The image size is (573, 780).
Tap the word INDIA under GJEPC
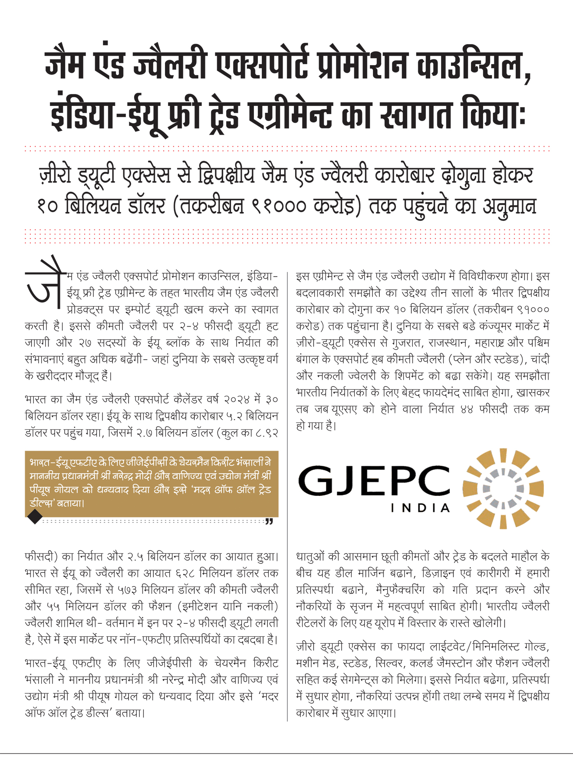tap(420, 508)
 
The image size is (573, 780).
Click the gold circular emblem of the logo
tap(503, 488)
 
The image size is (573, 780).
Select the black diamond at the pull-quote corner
tap(34, 517)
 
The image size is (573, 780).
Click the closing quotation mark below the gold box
tap(269, 521)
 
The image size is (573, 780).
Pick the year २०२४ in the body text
tap(236, 399)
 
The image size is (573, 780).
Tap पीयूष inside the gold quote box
tap(41, 489)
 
